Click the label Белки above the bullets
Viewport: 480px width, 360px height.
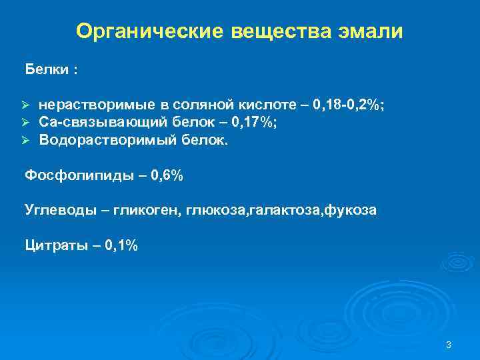pos(47,69)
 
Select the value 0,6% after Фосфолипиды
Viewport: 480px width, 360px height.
pos(167,176)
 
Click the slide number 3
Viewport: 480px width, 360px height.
pos(449,345)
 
